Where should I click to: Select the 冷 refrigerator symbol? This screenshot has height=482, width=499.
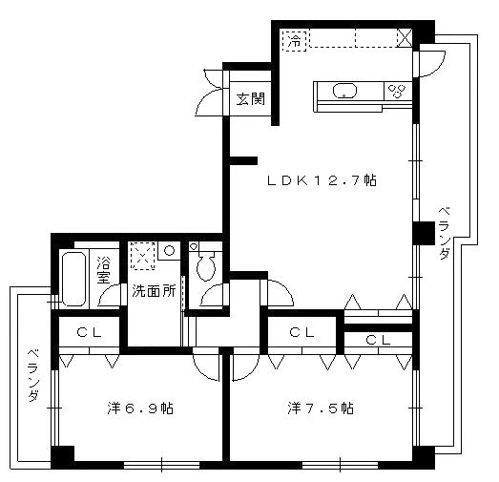[x=296, y=41]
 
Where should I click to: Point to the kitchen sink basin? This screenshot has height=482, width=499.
[x=343, y=92]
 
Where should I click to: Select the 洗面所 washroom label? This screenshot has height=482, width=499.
[x=154, y=291]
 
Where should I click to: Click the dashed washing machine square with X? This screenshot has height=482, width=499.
[x=142, y=255]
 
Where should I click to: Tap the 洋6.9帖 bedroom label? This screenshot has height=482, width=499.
[x=139, y=409]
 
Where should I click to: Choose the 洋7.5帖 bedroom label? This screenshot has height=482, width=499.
[x=322, y=409]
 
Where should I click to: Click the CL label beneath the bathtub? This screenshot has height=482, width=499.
[x=90, y=333]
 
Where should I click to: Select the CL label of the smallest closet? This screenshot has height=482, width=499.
[x=378, y=340]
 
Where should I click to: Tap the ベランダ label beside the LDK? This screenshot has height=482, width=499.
[x=445, y=234]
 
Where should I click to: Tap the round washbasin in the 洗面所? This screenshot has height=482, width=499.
[x=168, y=251]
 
